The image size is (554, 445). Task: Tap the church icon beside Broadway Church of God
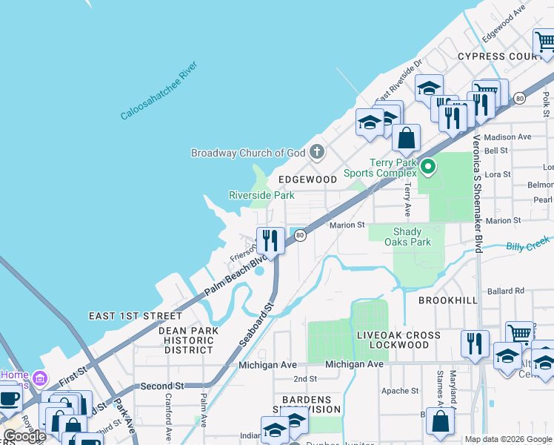click(317, 153)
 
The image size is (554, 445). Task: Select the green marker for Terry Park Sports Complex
click(428, 167)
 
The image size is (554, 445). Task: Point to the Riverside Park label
click(261, 196)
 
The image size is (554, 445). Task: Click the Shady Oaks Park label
click(412, 237)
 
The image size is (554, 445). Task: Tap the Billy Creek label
click(529, 245)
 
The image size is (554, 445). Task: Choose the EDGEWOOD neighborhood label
click(307, 179)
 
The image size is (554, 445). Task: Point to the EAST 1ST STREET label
click(135, 316)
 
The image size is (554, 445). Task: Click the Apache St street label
click(401, 391)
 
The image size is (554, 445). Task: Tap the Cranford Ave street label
click(170, 415)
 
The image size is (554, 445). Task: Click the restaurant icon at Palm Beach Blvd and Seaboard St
click(270, 240)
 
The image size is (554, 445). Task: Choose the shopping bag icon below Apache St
click(440, 421)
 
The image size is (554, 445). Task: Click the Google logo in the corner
click(24, 436)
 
